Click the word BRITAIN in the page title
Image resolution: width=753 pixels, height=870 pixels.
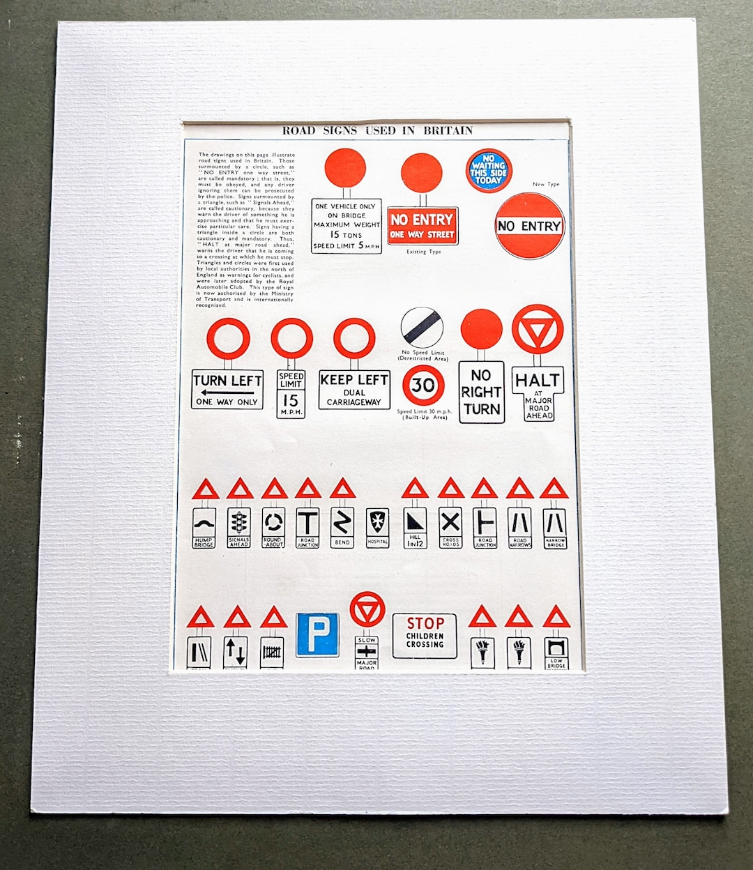[448, 130]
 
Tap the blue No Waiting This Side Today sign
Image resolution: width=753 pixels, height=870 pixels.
[488, 170]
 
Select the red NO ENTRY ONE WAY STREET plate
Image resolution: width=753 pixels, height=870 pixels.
[423, 226]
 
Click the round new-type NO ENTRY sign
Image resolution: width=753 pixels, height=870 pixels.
[529, 226]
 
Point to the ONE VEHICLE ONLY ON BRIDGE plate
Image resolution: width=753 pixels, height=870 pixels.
[346, 226]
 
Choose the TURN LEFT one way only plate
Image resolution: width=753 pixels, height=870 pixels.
[227, 389]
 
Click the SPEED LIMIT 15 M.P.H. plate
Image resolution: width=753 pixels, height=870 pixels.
[290, 394]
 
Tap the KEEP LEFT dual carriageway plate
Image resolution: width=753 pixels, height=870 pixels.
[354, 389]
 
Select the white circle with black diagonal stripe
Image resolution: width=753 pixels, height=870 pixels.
[422, 327]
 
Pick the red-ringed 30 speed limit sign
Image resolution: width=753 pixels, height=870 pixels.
[423, 386]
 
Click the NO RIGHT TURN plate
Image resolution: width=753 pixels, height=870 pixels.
[481, 392]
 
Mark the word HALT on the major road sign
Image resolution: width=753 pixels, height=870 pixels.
[538, 381]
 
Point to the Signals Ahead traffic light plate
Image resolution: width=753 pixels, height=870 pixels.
[239, 528]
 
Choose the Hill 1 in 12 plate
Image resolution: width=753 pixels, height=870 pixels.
[415, 528]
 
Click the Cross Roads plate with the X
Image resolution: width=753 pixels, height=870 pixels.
[450, 527]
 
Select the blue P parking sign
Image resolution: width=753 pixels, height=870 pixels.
[317, 634]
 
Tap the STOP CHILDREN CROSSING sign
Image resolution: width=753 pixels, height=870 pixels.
[425, 635]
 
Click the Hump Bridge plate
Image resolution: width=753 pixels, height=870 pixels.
[204, 528]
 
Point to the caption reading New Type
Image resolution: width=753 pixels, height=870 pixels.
[546, 185]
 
